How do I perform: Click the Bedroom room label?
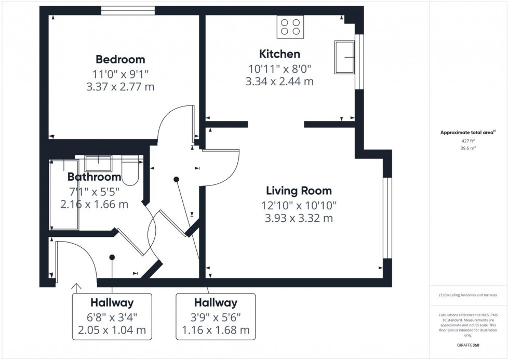pyautogui.click(x=120, y=59)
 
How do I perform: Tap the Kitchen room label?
pyautogui.click(x=279, y=54)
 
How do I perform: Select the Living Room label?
pyautogui.click(x=299, y=191)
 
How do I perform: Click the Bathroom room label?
pyautogui.click(x=94, y=177)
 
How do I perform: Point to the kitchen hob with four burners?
pyautogui.click(x=290, y=26)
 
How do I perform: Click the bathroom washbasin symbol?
pyautogui.click(x=98, y=163)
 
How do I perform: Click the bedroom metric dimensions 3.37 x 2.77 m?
pyautogui.click(x=120, y=87)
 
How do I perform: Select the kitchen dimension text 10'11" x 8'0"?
pyautogui.click(x=279, y=68)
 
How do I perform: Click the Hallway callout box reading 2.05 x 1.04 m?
pyautogui.click(x=112, y=316)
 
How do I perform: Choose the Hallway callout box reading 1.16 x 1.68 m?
pyautogui.click(x=216, y=316)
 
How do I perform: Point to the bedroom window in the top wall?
pyautogui.click(x=128, y=10)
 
